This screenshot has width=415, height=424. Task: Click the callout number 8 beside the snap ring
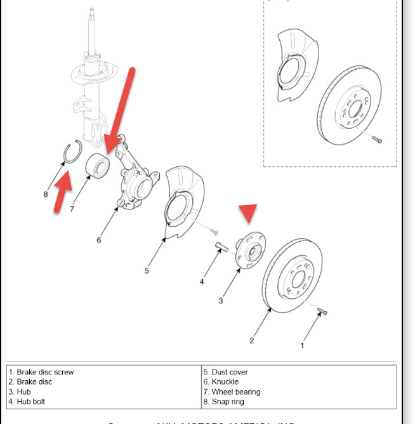coord(46,194)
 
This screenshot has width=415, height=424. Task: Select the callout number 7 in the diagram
coord(72,208)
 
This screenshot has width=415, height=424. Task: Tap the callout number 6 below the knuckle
coord(99,240)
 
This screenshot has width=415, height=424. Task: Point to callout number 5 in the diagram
coord(147,271)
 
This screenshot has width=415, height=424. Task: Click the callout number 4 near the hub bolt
coord(202,281)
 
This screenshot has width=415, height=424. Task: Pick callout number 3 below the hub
coord(221,301)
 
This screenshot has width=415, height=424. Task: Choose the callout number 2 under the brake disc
coord(252,341)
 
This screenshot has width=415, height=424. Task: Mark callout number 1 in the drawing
coord(302,346)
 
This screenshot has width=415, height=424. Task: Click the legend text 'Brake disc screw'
coord(41,372)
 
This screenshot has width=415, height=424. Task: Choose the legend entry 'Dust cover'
coord(228,372)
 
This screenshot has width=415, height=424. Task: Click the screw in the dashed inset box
coord(376,139)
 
